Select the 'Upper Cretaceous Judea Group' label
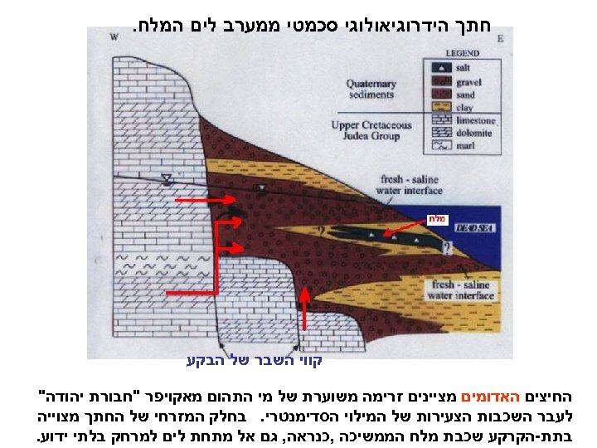[371, 130]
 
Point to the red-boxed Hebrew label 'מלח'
[437, 218]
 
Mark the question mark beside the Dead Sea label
[449, 248]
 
